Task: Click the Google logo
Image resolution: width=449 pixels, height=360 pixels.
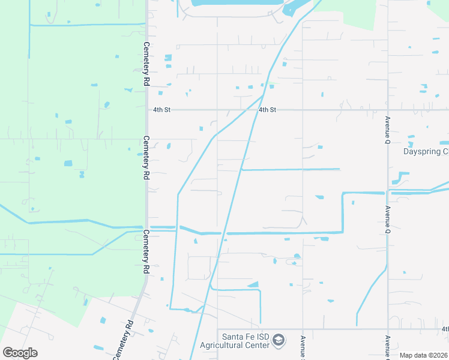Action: pyautogui.click(x=20, y=353)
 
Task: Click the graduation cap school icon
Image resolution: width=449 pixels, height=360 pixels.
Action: pyautogui.click(x=278, y=341)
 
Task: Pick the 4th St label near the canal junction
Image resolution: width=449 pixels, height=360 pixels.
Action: pyautogui.click(x=268, y=110)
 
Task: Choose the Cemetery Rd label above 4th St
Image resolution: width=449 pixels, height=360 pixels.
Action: pyautogui.click(x=146, y=64)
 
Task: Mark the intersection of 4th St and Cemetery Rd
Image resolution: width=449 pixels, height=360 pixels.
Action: pyautogui.click(x=146, y=110)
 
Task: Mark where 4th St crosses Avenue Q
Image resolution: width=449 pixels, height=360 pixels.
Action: pyautogui.click(x=388, y=110)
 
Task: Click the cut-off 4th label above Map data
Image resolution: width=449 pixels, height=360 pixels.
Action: pyautogui.click(x=445, y=329)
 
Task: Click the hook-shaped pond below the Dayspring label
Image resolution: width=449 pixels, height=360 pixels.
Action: pyautogui.click(x=400, y=178)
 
